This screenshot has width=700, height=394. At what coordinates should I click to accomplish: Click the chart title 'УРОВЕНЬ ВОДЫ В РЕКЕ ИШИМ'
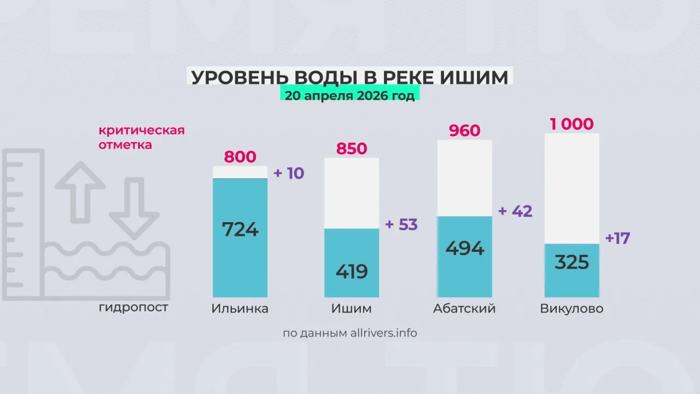click(349, 77)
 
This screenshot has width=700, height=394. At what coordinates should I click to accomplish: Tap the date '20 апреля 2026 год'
click(349, 95)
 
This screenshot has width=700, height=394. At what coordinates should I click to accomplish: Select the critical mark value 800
click(240, 157)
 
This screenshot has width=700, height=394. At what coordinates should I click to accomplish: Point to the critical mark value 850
click(352, 149)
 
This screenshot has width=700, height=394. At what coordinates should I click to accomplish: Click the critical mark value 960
click(464, 131)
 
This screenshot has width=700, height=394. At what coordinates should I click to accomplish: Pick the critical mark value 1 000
click(571, 124)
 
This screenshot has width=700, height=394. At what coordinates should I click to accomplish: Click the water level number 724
click(240, 229)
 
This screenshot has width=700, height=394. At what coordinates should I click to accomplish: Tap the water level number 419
click(352, 271)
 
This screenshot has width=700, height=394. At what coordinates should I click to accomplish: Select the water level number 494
click(465, 248)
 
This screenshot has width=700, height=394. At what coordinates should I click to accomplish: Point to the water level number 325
click(571, 263)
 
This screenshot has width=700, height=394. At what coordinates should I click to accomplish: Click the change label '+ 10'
click(289, 173)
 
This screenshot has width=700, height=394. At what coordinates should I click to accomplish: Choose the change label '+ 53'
click(401, 224)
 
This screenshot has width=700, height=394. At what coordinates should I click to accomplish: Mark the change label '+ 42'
click(515, 211)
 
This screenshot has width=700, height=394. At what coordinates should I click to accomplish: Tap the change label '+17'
click(618, 239)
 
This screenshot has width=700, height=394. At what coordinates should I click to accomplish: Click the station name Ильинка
click(240, 309)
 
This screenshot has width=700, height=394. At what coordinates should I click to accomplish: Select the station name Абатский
click(464, 309)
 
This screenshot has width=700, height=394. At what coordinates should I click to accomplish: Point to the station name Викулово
click(571, 309)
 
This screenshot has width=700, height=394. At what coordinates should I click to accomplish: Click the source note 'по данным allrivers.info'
click(350, 333)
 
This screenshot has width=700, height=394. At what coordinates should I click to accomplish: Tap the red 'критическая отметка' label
click(141, 138)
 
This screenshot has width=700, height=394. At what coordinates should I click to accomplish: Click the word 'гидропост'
click(133, 308)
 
